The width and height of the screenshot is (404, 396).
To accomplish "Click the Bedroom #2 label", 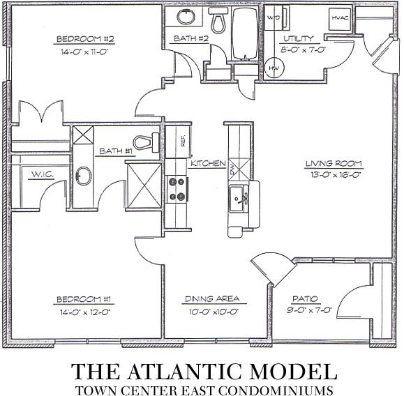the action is [x=85, y=39].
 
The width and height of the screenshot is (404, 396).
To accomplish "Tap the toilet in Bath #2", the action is [x=218, y=20].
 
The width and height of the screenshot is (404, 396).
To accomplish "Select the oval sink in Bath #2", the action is [x=186, y=17].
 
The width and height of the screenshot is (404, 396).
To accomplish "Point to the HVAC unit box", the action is [x=340, y=18].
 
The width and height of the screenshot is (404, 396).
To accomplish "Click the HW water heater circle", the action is [x=274, y=68].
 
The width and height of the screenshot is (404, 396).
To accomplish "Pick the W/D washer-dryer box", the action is [x=275, y=17].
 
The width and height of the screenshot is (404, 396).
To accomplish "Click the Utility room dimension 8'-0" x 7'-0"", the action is [x=301, y=49].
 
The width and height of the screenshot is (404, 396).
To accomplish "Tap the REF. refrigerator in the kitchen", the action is [x=179, y=142].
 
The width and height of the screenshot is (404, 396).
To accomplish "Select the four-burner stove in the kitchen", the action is [x=177, y=189].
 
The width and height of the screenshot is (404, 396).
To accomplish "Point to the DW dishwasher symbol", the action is [x=239, y=169].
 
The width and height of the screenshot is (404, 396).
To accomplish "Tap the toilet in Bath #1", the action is [x=146, y=142].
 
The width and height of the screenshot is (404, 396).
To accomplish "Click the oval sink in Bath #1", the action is [x=83, y=176].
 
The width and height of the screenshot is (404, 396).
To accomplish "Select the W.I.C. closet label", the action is [x=43, y=175].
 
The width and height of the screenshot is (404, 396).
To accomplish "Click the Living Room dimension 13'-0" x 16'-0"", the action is [x=335, y=175].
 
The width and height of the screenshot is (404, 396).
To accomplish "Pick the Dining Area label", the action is [x=212, y=298].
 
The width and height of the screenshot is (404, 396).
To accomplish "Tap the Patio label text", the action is [x=305, y=299].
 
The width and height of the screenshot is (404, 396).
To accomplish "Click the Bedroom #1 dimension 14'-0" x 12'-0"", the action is [x=85, y=312].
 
